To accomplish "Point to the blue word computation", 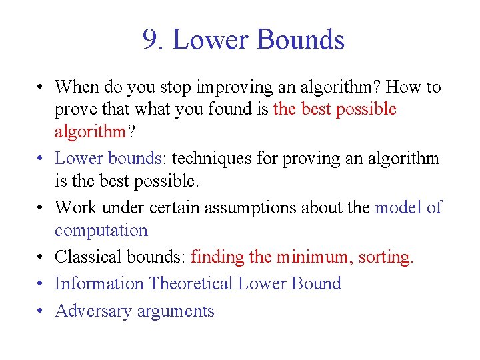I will [101, 231].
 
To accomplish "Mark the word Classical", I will [84, 257].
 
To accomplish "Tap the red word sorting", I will [385, 257].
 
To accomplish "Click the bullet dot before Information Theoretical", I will [41, 285].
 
